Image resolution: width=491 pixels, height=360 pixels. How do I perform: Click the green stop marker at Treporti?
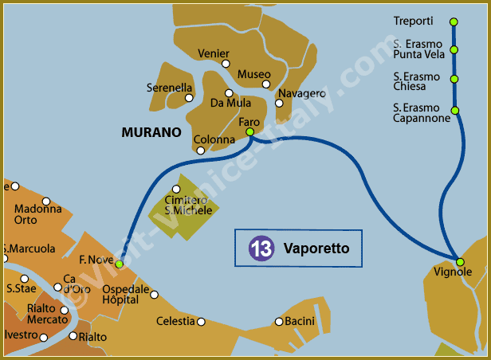tap(454, 22)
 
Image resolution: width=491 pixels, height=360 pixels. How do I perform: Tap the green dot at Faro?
tap(250, 131)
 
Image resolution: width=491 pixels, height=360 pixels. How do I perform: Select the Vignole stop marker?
tap(460, 262)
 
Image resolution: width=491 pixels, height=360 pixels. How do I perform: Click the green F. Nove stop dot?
tap(119, 264)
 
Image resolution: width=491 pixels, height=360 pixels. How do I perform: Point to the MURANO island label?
tap(151, 132)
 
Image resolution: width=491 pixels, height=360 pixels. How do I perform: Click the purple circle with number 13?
tap(261, 248)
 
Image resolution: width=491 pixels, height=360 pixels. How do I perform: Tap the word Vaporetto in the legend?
tap(316, 249)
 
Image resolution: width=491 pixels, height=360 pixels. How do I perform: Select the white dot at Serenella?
tap(189, 98)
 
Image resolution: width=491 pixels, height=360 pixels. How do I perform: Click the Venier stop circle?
tap(226, 64)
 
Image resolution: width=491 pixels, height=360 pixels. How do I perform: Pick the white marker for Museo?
tap(266, 84)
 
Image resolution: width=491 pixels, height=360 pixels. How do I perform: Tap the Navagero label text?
tap(302, 93)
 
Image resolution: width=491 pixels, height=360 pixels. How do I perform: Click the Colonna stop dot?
tap(200, 150)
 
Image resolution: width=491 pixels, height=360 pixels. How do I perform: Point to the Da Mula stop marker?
tap(230, 93)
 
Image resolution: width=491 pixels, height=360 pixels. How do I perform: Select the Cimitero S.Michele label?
tap(188, 205)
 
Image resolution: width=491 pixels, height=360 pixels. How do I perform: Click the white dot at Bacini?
tap(278, 322)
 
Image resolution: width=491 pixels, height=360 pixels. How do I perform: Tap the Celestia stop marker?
tap(201, 322)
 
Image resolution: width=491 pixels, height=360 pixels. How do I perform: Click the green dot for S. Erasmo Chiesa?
tap(454, 79)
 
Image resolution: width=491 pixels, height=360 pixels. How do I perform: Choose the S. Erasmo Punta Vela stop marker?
tap(454, 49)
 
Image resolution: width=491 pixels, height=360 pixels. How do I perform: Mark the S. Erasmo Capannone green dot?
tap(455, 110)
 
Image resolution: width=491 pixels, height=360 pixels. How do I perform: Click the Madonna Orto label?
tap(37, 214)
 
